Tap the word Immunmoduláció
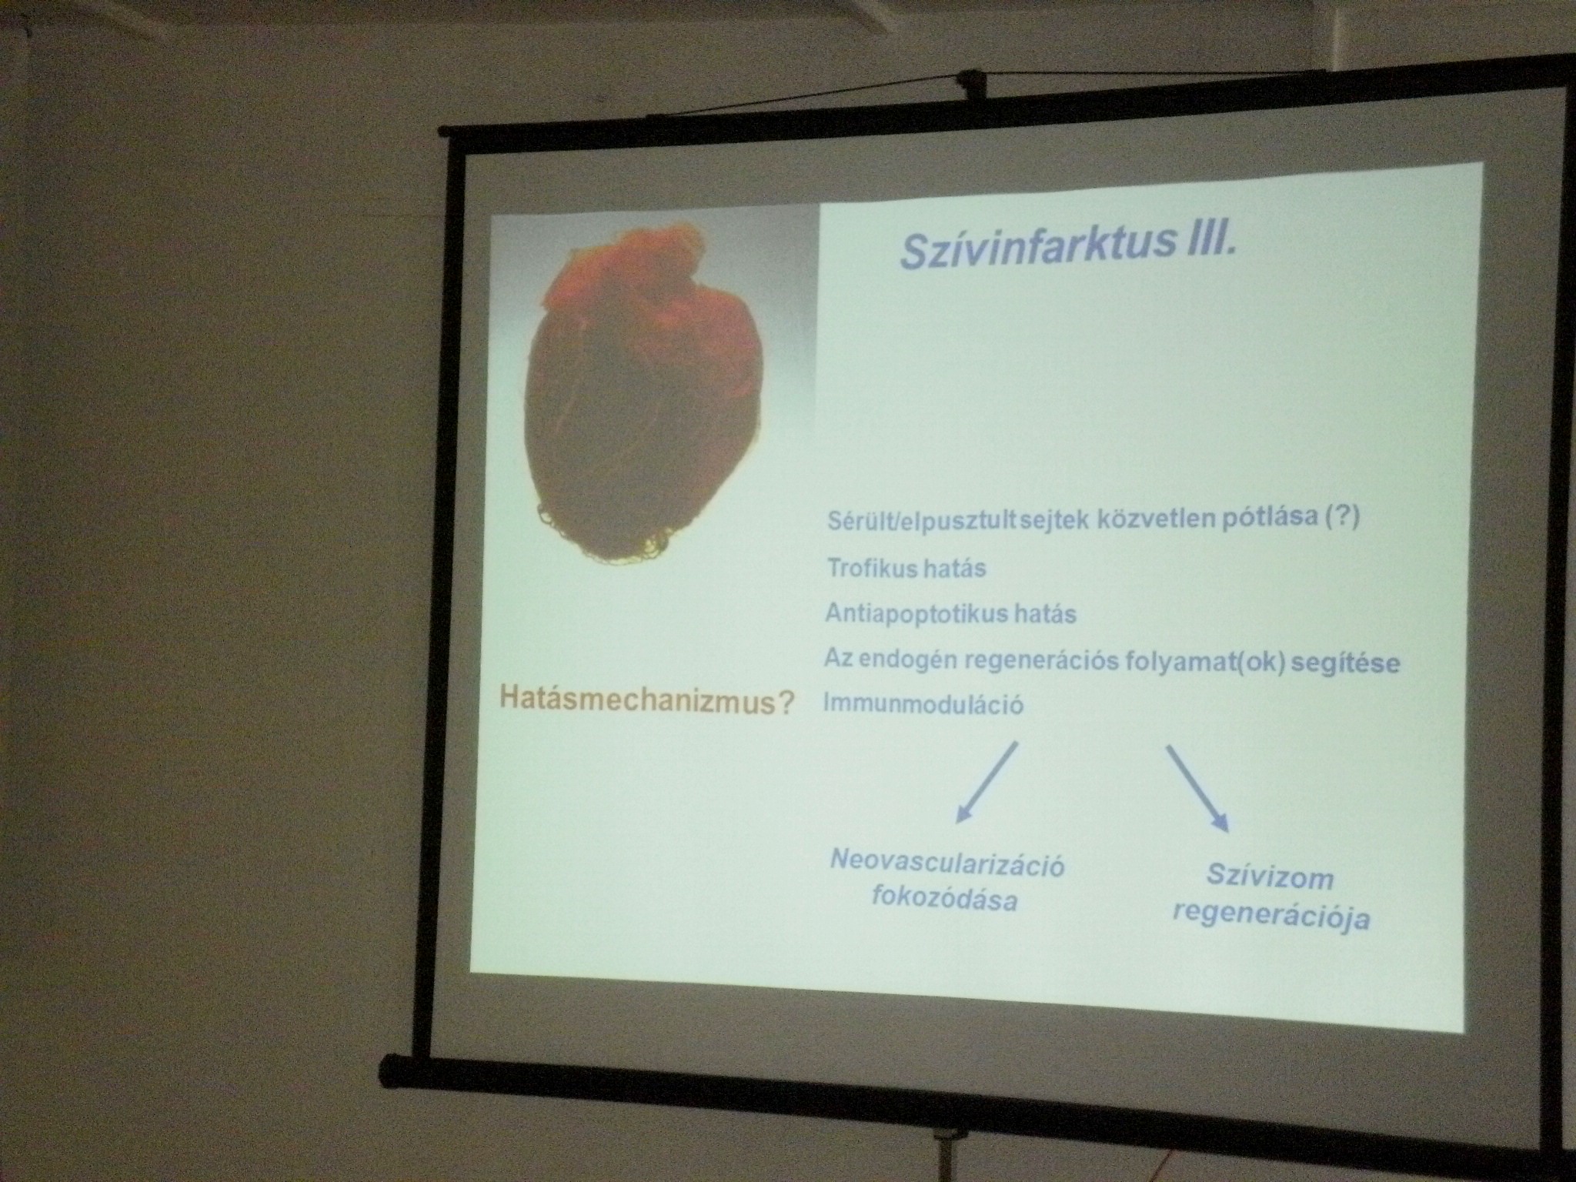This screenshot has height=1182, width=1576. [924, 704]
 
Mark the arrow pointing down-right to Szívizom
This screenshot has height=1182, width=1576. [1197, 789]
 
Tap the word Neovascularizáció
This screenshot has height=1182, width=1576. [947, 864]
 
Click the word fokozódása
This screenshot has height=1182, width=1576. [944, 899]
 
